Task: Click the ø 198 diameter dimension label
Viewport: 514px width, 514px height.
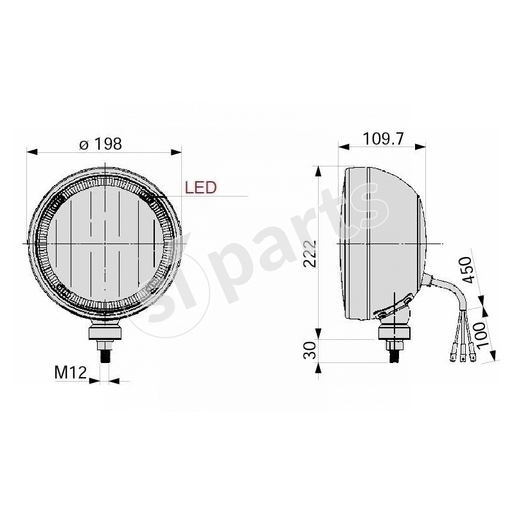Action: tap(100, 144)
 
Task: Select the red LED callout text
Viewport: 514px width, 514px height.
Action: tap(200, 188)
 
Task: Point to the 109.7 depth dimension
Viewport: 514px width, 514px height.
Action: tap(384, 138)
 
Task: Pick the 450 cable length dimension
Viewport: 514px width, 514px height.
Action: tap(468, 270)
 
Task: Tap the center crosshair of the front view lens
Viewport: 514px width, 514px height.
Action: tap(105, 244)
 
